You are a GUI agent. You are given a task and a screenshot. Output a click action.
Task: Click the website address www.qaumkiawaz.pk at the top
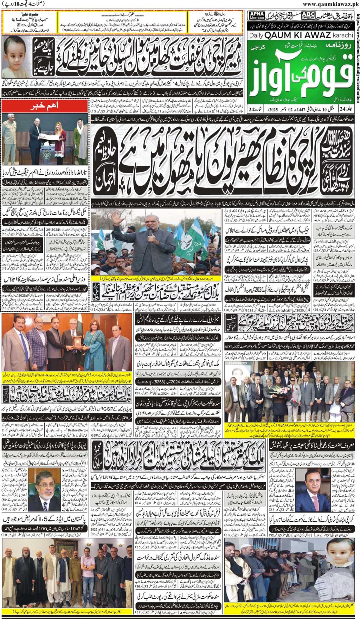click(330, 4)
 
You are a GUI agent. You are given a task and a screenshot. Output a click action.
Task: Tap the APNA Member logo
click(257, 16)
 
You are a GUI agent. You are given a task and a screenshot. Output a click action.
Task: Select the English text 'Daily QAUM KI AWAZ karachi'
click(301, 35)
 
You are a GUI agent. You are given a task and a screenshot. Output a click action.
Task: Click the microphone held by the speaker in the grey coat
click(150, 231)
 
